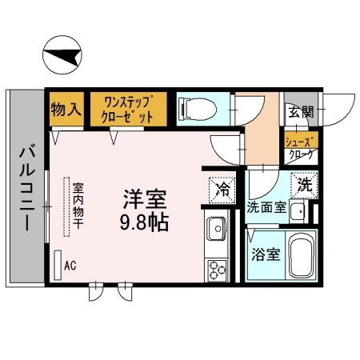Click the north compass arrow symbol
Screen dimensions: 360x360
[63, 56]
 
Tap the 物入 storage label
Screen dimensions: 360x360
[66, 109]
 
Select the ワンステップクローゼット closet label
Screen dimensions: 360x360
[128, 108]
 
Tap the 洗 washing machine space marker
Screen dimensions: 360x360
[303, 183]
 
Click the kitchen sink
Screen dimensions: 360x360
[217, 232]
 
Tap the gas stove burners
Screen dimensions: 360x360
[217, 270]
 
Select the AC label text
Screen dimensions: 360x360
[70, 265]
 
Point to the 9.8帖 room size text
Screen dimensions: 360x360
[145, 220]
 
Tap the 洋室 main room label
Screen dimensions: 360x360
[145, 197]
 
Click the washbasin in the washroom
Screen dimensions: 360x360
[297, 212]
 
